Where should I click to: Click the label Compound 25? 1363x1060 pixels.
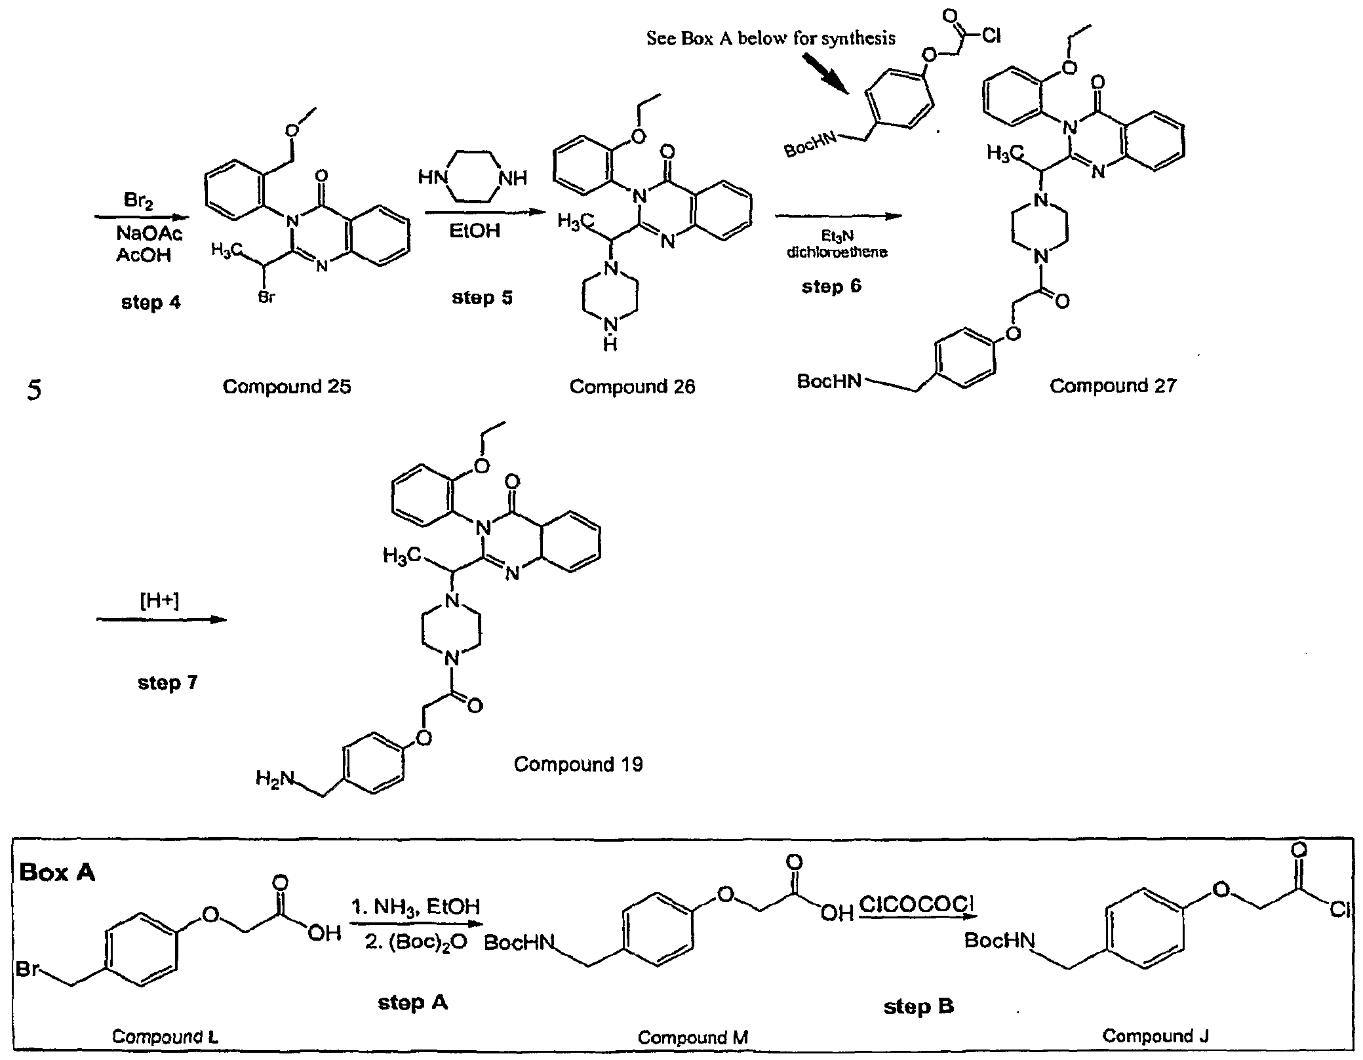pos(286,387)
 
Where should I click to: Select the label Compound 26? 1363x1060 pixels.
pos(632,387)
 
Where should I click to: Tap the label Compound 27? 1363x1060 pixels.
pos(1113,385)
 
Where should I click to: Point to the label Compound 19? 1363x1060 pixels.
pos(578,764)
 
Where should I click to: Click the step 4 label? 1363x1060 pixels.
pos(151,303)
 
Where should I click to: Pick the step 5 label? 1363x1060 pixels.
pos(482,298)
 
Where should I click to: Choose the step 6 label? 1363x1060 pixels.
pos(831,286)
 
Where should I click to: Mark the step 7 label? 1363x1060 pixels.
pos(167,683)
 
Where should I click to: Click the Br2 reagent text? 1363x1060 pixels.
pos(139,201)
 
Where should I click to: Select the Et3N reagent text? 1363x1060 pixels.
pos(837,237)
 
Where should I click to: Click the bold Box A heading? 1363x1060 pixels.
pos(57,873)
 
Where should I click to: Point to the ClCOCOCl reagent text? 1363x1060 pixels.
pos(916,905)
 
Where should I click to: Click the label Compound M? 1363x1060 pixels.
pos(693,1038)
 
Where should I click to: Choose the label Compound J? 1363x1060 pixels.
pos(1155,1036)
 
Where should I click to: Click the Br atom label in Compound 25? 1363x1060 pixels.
pos(267,298)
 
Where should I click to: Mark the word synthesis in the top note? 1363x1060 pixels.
pos(858,39)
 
